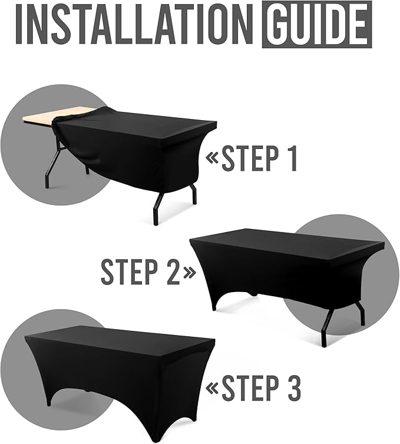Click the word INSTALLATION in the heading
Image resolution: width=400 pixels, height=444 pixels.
pyautogui.click(x=134, y=25)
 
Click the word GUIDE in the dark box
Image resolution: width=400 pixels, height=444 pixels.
pyautogui.click(x=317, y=25)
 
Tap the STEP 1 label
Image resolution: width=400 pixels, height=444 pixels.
pyautogui.click(x=259, y=158)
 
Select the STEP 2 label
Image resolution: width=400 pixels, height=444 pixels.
pyautogui.click(x=141, y=271)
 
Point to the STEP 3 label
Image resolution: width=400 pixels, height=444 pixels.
pyautogui.click(x=260, y=387)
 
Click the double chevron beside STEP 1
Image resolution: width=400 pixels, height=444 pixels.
pyautogui.click(x=212, y=158)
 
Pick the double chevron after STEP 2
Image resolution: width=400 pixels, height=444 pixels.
pyautogui.click(x=189, y=273)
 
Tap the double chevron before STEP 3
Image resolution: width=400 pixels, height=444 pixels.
pyautogui.click(x=212, y=388)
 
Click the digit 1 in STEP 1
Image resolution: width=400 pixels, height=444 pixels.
pyautogui.click(x=292, y=158)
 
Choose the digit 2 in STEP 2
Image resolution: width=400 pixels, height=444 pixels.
pyautogui.click(x=173, y=272)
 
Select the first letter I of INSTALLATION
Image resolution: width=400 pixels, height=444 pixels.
pyautogui.click(x=20, y=25)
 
